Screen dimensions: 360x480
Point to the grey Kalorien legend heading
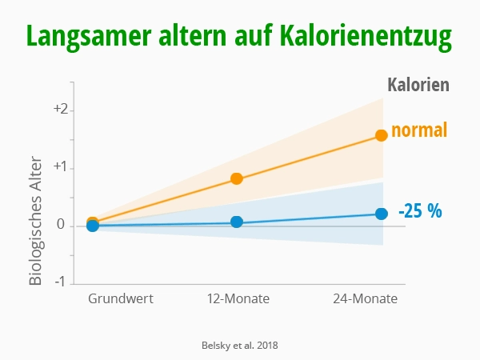click(418, 85)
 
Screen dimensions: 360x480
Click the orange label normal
click(418, 130)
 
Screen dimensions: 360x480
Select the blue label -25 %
click(420, 212)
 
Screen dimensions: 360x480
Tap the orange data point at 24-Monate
click(382, 135)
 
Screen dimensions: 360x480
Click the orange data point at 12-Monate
click(237, 178)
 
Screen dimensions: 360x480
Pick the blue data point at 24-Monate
click(382, 214)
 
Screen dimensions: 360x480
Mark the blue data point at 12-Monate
click(237, 222)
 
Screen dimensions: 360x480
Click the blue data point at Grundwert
click(93, 226)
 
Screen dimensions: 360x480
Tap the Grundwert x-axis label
click(121, 299)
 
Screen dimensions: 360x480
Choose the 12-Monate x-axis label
click(238, 299)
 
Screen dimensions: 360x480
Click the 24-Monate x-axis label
click(365, 299)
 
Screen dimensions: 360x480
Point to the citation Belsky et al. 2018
click(239, 345)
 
